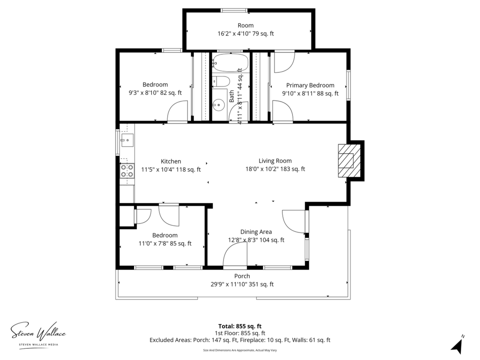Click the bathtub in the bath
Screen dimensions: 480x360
[x=231, y=63]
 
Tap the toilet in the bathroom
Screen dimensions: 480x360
[x=221, y=81]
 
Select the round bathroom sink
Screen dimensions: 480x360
[x=219, y=105]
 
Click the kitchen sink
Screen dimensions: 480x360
[x=127, y=140]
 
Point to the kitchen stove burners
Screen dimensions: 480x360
[x=127, y=171]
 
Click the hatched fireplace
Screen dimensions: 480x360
[x=349, y=160]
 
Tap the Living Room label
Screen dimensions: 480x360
[x=275, y=160]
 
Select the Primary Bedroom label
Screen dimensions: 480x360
[x=310, y=85]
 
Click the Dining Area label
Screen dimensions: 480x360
[x=256, y=232]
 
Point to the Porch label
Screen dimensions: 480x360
[x=242, y=276]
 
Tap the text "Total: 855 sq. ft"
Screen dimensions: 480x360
[x=240, y=326]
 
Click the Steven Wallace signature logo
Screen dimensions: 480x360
[x=38, y=334]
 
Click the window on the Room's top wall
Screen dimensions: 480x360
[x=234, y=10]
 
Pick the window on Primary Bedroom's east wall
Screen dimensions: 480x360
[x=348, y=85]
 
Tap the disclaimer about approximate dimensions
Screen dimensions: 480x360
[x=240, y=350]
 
